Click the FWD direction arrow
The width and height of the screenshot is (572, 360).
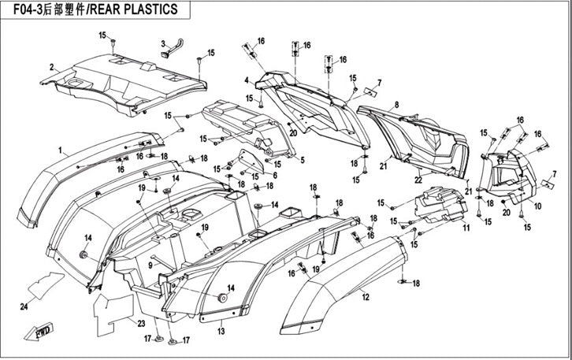tap(39, 333)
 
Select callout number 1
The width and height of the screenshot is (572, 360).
tap(60, 148)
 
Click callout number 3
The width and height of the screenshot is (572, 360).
tap(162, 43)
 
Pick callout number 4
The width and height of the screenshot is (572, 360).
tap(247, 80)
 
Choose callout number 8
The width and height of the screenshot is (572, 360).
tap(396, 104)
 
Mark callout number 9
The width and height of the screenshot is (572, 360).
tap(149, 264)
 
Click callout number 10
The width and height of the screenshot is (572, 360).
tap(538, 206)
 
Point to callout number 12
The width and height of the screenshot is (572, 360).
tap(365, 297)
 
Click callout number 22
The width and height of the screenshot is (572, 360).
tap(418, 180)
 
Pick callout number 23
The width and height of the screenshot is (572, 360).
tap(140, 324)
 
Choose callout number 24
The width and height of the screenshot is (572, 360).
tap(24, 306)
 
